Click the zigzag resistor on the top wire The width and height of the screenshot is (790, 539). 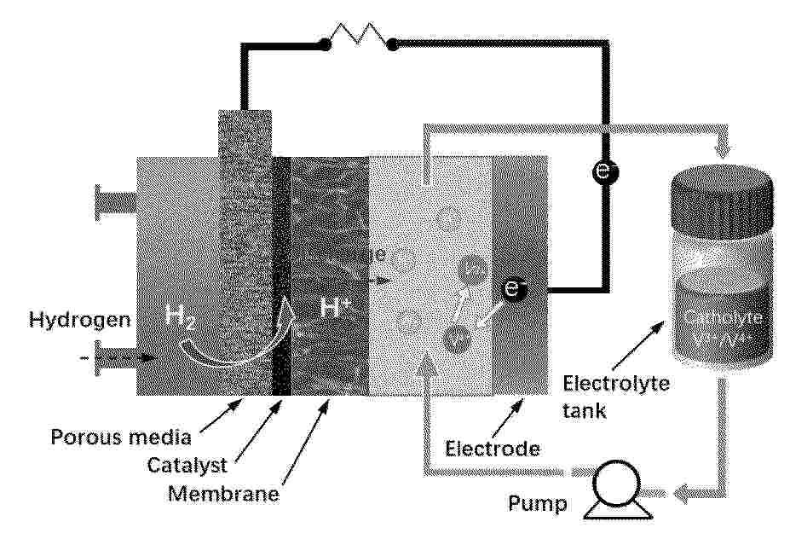pos(357,38)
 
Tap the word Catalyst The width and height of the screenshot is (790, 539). pos(183,467)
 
